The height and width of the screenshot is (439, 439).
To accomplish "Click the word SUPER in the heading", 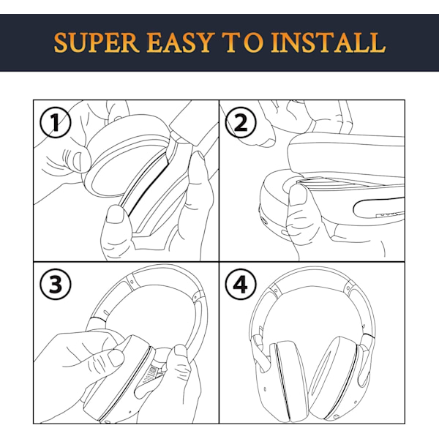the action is (x=97, y=42).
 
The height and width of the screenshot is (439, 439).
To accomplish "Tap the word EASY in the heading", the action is (x=179, y=42).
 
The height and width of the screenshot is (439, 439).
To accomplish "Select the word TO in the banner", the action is (x=242, y=42).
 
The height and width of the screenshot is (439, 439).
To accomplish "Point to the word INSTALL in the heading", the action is (x=328, y=42).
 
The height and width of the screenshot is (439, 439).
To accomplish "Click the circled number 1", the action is (x=55, y=122).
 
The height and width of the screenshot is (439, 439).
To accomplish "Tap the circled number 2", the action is (x=241, y=122).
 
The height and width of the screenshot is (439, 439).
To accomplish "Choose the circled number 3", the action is (x=55, y=284).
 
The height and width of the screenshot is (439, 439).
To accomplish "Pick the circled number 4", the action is (x=241, y=284).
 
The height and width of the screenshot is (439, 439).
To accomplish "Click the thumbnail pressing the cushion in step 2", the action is (x=299, y=195).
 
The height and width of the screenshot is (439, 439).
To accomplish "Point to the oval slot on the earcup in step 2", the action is (x=379, y=208).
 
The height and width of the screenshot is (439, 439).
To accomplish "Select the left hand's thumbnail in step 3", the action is (x=116, y=358).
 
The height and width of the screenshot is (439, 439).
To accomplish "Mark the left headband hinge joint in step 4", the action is (x=274, y=290).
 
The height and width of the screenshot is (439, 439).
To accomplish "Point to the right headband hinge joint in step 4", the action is (x=348, y=288).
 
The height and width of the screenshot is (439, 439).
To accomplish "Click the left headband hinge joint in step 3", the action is (x=131, y=282).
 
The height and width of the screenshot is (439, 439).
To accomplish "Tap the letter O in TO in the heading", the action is (x=253, y=42).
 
